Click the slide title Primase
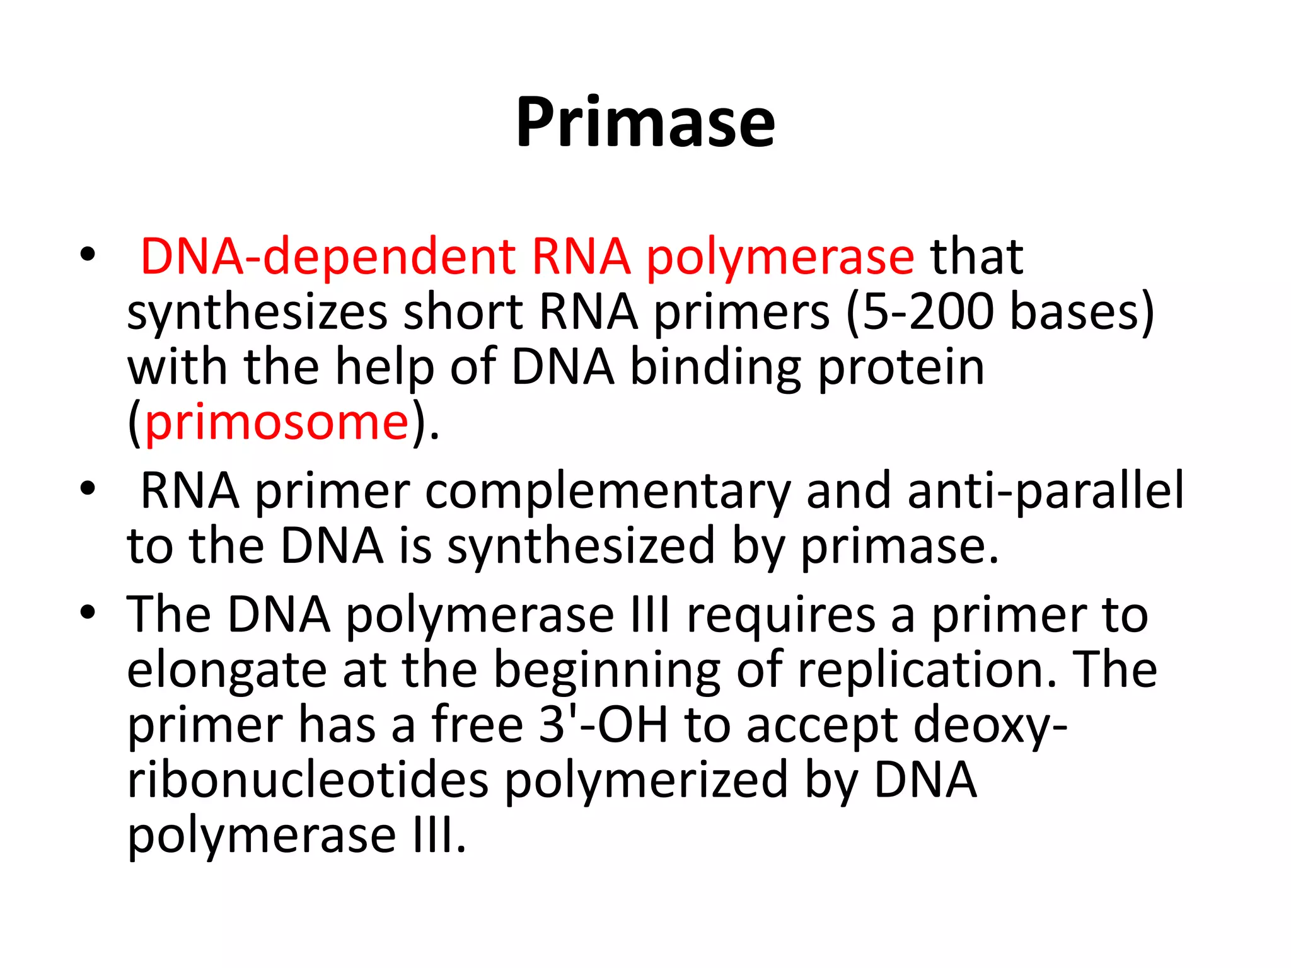(645, 122)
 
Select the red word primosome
(277, 422)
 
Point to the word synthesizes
(257, 313)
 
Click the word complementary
(608, 492)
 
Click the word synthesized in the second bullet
(581, 546)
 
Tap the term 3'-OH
(603, 725)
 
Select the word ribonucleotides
(308, 780)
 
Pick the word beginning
(606, 671)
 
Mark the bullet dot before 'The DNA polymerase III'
(88, 613)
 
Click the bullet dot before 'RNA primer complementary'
(88, 488)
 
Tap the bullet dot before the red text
(88, 254)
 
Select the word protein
(901, 367)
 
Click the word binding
(716, 367)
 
